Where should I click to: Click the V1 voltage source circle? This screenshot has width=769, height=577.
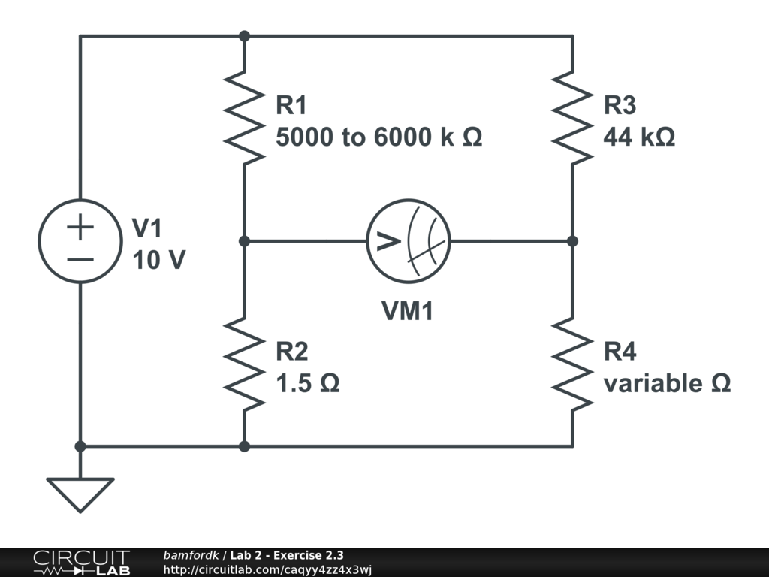click(x=80, y=241)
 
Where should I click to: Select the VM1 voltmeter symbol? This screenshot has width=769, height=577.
click(x=408, y=241)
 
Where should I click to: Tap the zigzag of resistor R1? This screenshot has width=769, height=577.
click(x=244, y=117)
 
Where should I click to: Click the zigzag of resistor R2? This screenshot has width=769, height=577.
click(x=244, y=364)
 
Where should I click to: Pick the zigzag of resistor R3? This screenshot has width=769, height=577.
click(x=572, y=117)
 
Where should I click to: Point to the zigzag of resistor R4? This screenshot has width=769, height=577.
click(x=572, y=364)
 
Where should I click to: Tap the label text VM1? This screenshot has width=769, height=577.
click(x=408, y=311)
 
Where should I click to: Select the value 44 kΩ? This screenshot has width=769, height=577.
click(x=639, y=137)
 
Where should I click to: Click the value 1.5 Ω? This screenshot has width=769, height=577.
click(x=308, y=384)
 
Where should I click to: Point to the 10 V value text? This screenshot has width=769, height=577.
click(x=159, y=260)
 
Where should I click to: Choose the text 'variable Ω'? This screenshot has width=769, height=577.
click(x=667, y=384)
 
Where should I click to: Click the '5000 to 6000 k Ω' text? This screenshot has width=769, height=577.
click(x=378, y=137)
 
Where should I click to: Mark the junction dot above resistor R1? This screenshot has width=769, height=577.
click(x=244, y=35)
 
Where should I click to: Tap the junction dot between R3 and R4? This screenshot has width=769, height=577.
click(x=572, y=241)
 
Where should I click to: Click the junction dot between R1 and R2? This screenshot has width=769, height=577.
click(x=244, y=241)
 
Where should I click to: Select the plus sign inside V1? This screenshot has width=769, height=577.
click(x=80, y=227)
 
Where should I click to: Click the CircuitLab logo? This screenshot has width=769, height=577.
click(x=81, y=563)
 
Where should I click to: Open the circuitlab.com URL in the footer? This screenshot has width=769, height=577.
click(x=267, y=569)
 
